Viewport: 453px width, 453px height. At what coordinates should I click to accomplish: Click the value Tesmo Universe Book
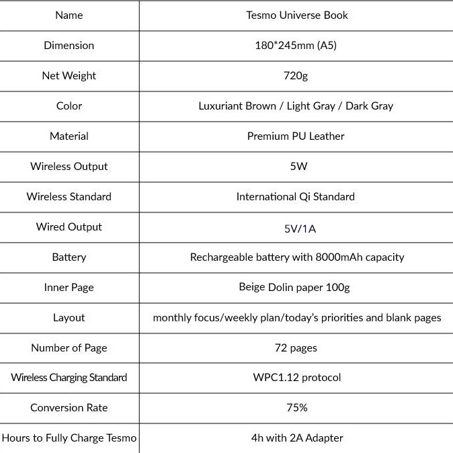point(296,15)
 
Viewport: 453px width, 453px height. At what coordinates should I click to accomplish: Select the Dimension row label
point(69,45)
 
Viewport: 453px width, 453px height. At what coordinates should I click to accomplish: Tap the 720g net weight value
point(296,75)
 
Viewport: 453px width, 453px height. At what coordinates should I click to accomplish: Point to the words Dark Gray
point(369,106)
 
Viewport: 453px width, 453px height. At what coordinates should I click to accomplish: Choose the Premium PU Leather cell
point(296,136)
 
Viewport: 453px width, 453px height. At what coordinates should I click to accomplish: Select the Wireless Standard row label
point(69,196)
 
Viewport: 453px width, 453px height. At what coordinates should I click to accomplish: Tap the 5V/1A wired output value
point(300,229)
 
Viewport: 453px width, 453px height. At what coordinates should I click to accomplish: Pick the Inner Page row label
point(69,287)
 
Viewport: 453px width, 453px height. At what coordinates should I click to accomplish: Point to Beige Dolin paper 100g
point(294,287)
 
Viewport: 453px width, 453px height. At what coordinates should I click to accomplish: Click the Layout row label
point(69,317)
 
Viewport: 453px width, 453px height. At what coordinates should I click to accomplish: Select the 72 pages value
point(296,347)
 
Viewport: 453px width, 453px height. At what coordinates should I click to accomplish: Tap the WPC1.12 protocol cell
point(297,377)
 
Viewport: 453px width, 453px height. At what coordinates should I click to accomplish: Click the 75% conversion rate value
point(296,407)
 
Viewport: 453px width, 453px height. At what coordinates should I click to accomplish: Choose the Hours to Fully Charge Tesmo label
point(69,438)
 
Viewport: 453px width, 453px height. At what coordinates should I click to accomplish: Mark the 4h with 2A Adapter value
point(297,438)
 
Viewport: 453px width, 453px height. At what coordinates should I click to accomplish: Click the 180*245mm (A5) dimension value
point(296,45)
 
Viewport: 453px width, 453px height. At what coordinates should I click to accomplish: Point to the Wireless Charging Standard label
point(69,377)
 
